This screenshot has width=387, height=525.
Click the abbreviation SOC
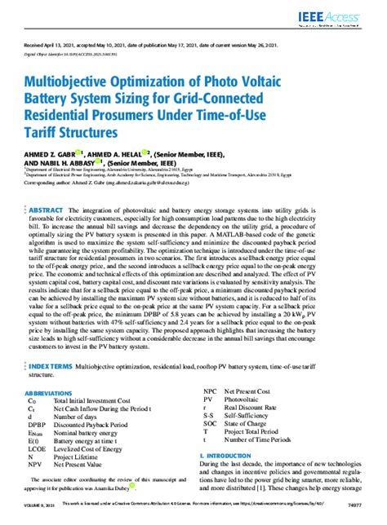pos(211,424)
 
